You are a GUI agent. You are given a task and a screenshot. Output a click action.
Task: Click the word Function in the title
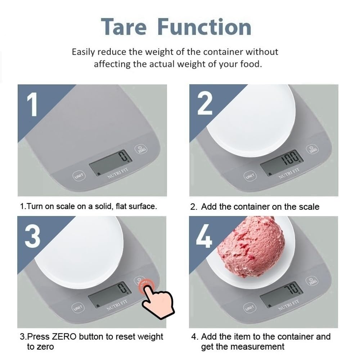(205, 27)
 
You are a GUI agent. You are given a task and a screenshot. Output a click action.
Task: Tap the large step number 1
(33, 104)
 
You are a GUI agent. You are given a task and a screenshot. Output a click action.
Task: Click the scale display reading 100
(282, 162)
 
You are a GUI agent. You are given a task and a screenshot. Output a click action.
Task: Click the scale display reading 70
(282, 293)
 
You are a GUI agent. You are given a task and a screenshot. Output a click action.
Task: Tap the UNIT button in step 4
(249, 308)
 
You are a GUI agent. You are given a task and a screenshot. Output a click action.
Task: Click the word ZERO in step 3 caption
(64, 337)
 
